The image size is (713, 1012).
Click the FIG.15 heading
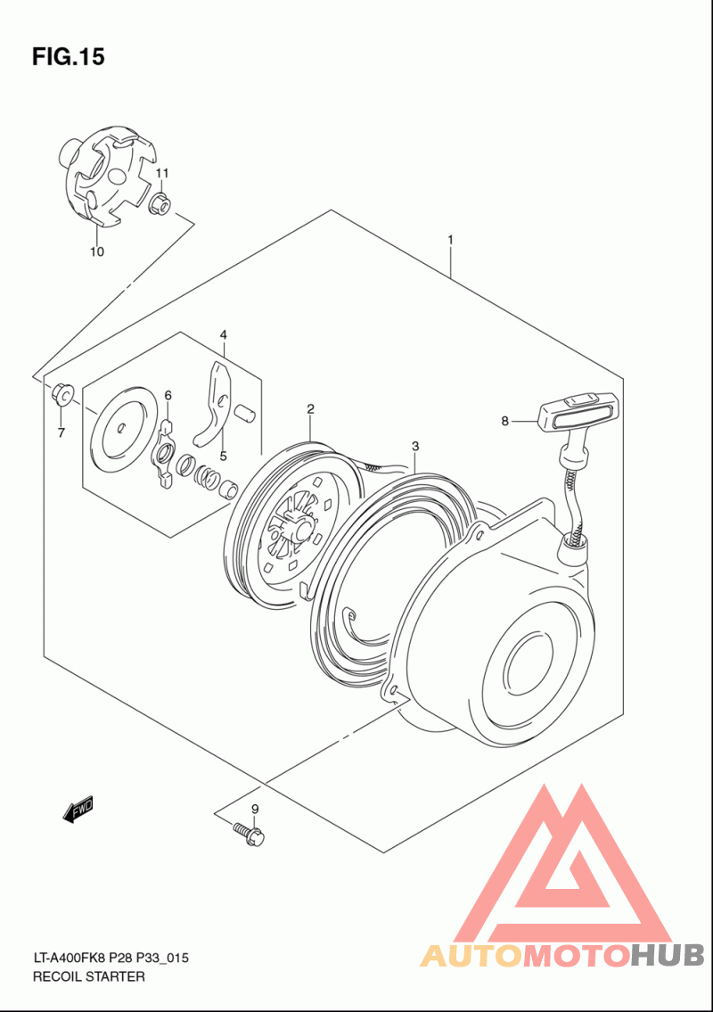(x=68, y=57)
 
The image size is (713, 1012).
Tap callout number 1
(x=451, y=240)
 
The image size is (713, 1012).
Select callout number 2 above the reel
(x=310, y=409)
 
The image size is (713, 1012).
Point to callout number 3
(x=414, y=445)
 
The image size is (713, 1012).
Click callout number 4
(x=224, y=334)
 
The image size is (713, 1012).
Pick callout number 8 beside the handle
(x=504, y=421)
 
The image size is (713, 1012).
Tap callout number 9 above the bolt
(x=254, y=809)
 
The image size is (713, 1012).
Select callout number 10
(x=96, y=251)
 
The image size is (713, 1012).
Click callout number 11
(x=162, y=172)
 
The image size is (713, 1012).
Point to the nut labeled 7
(x=61, y=391)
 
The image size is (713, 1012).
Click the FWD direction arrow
(x=78, y=809)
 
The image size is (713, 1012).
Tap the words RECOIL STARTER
(x=88, y=976)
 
